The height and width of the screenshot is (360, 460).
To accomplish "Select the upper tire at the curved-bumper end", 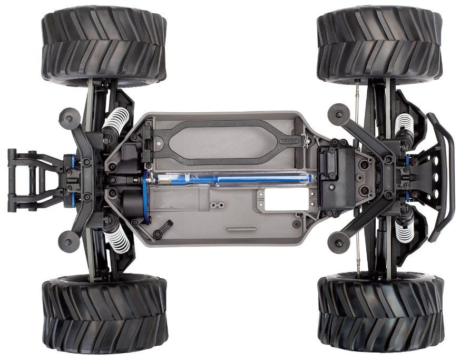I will coord(379,46).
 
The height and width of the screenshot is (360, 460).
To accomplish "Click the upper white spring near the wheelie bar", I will coord(116,123).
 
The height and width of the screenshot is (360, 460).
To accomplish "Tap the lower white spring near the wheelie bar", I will coord(116,237).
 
